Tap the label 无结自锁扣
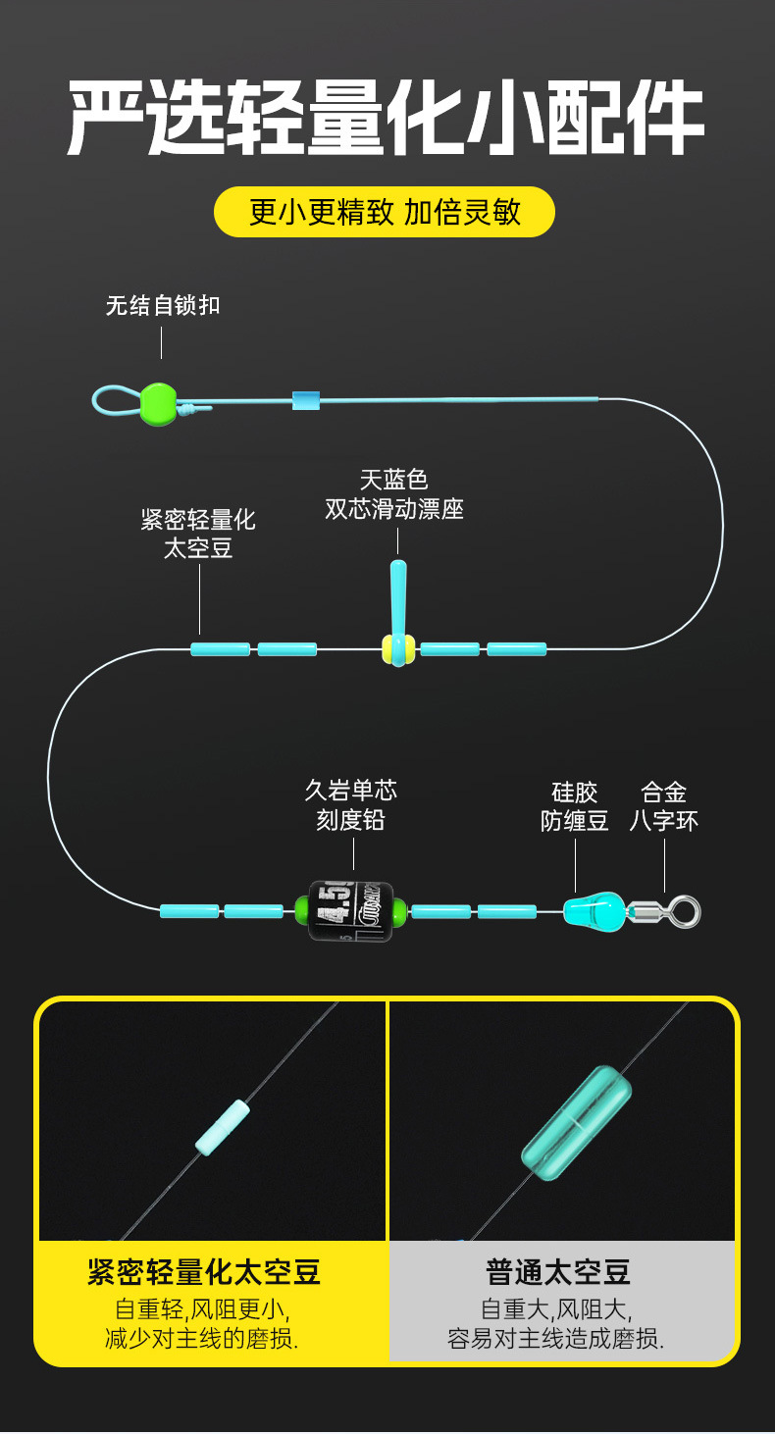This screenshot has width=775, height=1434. pos(163,305)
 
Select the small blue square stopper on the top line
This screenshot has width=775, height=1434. pos(306,400)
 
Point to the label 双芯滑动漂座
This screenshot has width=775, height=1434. pos(394,509)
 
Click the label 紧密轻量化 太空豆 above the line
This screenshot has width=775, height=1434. pos(198,534)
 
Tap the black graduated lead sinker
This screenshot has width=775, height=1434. pos(350,911)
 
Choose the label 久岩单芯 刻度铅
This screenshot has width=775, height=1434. pos(350,805)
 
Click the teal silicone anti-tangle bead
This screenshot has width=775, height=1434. pos(595,911)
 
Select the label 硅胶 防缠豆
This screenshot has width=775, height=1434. pos(575,806)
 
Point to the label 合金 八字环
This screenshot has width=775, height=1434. pos(664,806)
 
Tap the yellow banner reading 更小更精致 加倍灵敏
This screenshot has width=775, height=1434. pos(385,212)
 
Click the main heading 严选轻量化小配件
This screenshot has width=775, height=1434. pos(387,120)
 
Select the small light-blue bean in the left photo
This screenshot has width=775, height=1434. pos(223,1127)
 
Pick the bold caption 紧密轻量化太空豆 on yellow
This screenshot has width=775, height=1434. pos(204,1272)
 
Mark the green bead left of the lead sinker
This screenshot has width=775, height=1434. pos(302,911)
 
